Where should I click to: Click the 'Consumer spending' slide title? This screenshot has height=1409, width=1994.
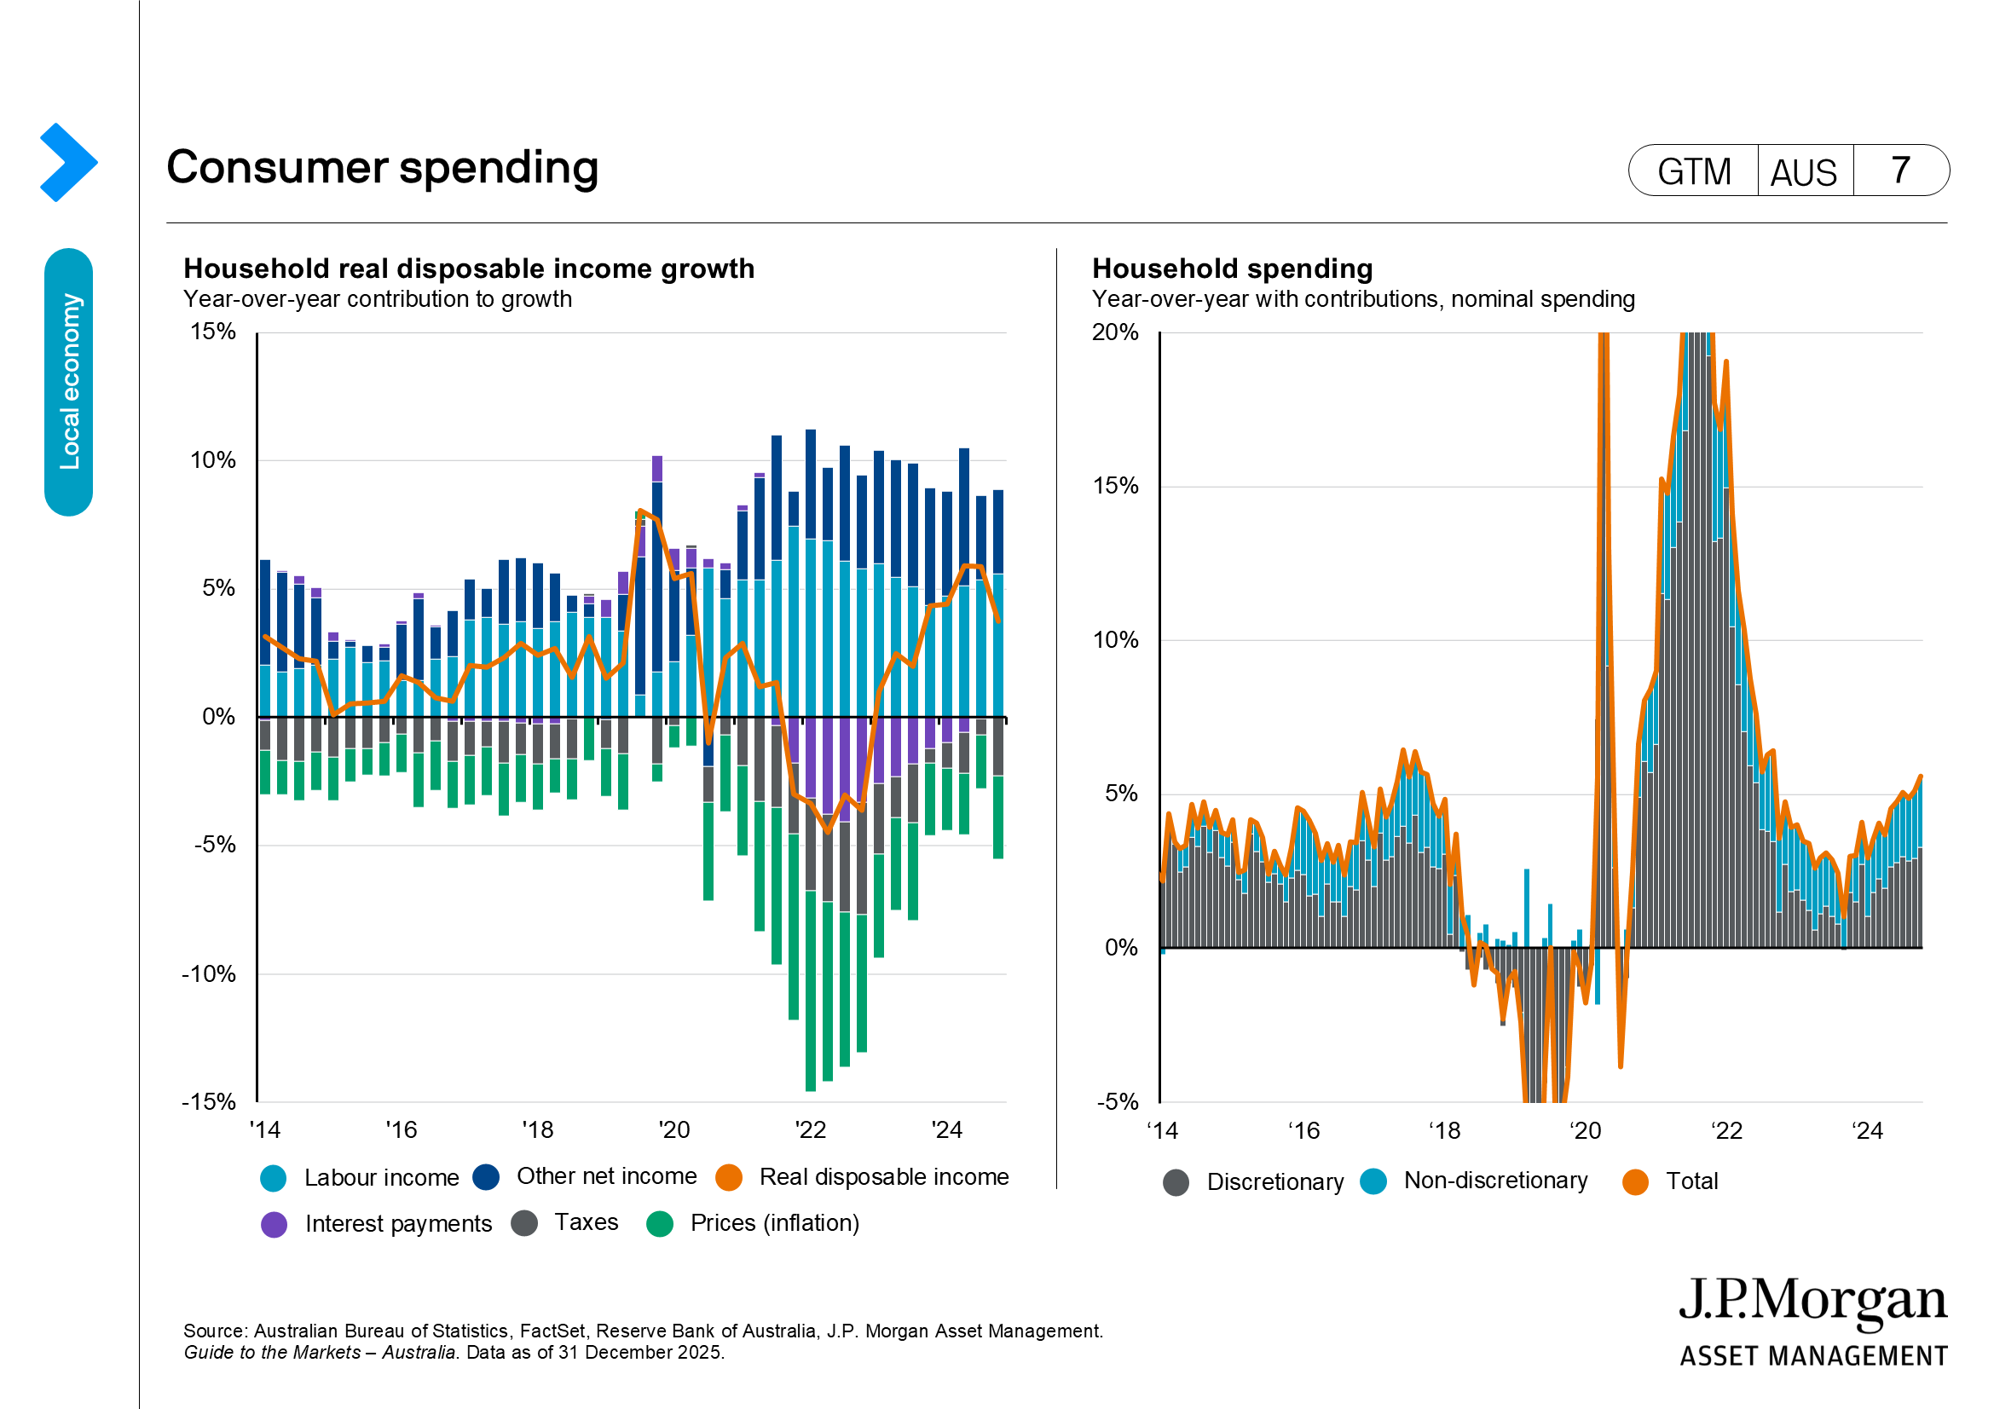click(382, 167)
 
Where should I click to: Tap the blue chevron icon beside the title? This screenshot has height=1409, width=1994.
click(67, 162)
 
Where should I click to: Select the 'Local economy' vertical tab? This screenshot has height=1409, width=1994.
click(68, 382)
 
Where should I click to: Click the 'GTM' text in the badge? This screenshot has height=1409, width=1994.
click(1694, 171)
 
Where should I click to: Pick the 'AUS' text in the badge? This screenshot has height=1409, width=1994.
click(1803, 172)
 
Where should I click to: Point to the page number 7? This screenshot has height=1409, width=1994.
click(1900, 170)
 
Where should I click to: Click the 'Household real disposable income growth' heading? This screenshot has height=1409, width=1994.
click(469, 269)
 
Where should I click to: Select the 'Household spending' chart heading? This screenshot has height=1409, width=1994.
click(1233, 269)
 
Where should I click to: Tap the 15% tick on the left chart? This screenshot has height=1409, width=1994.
click(213, 332)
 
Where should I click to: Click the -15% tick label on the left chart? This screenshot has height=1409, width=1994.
click(208, 1101)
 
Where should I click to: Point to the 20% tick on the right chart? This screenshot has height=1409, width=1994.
click(1114, 332)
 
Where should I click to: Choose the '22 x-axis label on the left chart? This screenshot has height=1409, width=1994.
click(810, 1129)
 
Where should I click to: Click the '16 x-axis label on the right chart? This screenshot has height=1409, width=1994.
click(1303, 1130)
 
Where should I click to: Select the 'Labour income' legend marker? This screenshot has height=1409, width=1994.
click(274, 1178)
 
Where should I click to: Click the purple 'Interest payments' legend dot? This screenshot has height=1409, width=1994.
click(275, 1224)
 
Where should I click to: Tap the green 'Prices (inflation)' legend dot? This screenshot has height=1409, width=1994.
click(660, 1223)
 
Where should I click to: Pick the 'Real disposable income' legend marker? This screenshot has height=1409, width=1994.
click(729, 1177)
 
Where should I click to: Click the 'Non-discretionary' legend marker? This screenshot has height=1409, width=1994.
click(1373, 1181)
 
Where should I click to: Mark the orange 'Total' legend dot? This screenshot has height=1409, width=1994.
click(1635, 1181)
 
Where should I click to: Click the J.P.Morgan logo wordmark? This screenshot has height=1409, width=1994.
click(1812, 1302)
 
